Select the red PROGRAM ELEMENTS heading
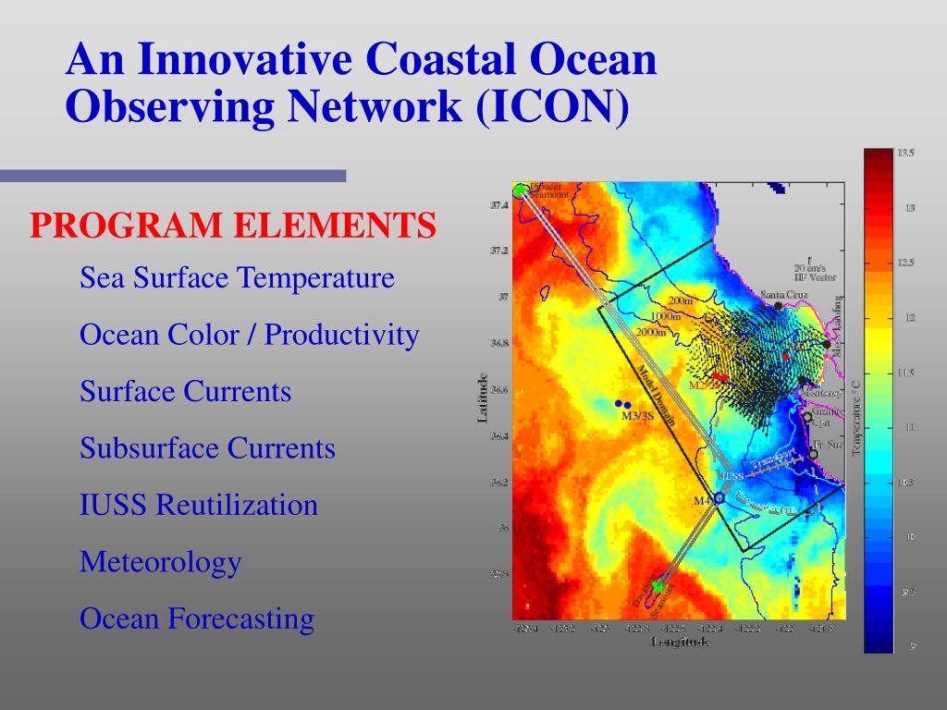(232, 225)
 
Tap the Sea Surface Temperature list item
(237, 277)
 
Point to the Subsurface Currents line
(207, 448)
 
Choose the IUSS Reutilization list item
(199, 505)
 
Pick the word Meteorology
(160, 561)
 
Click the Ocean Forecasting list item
(197, 618)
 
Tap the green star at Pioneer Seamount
(520, 190)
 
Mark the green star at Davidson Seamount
(657, 586)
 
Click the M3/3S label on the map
(637, 416)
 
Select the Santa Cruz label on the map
(783, 295)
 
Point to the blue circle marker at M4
(719, 498)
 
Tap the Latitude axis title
(482, 398)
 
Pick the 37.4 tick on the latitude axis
(498, 205)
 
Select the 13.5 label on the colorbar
(905, 153)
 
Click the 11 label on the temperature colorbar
(909, 427)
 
